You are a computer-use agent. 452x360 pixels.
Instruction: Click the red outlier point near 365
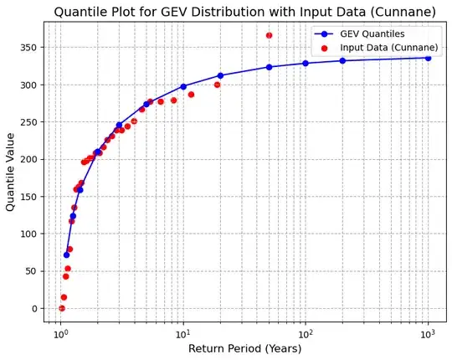click(x=269, y=35)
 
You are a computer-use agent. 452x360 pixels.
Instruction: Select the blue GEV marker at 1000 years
click(x=428, y=58)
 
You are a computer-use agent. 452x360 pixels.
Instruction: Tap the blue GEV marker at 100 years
click(x=306, y=64)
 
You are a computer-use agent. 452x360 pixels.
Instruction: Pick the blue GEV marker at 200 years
click(x=342, y=60)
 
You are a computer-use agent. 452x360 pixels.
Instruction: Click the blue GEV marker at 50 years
click(x=269, y=67)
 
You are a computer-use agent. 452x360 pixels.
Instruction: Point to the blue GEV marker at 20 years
click(x=220, y=75)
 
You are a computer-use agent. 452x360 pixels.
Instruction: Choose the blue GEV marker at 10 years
click(x=183, y=86)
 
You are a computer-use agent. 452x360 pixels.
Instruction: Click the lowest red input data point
click(x=61, y=308)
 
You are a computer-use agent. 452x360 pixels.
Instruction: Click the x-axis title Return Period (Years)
click(x=244, y=349)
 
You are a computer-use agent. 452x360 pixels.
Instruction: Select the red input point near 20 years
click(x=217, y=85)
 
